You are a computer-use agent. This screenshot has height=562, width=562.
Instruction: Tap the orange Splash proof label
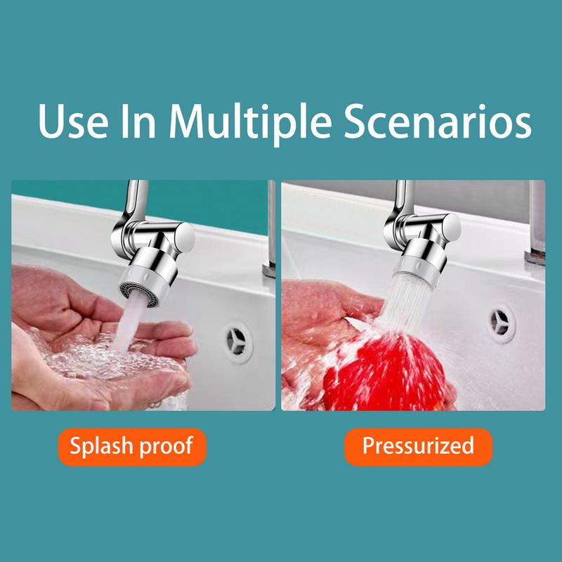click(131, 446)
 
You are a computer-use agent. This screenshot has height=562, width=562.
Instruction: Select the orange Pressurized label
click(418, 446)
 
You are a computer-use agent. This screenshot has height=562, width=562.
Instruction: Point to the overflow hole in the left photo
click(239, 342)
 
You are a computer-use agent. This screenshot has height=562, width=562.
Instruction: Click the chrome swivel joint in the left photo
click(158, 235)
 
